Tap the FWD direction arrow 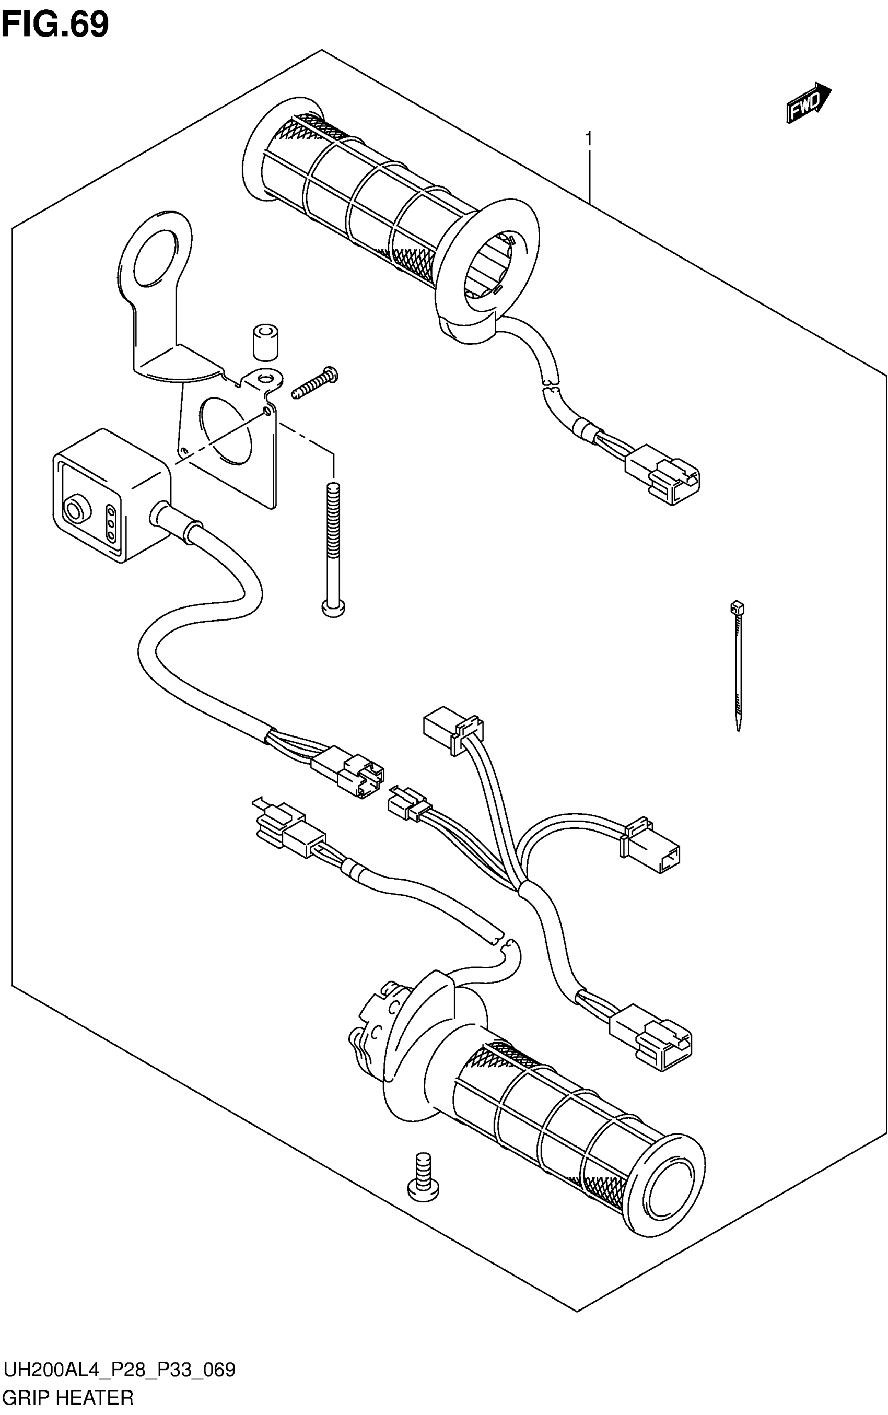pyautogui.click(x=808, y=103)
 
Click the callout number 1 pyautogui.click(x=588, y=140)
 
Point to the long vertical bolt pyautogui.click(x=333, y=548)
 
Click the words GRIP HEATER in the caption pyautogui.click(x=68, y=1397)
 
